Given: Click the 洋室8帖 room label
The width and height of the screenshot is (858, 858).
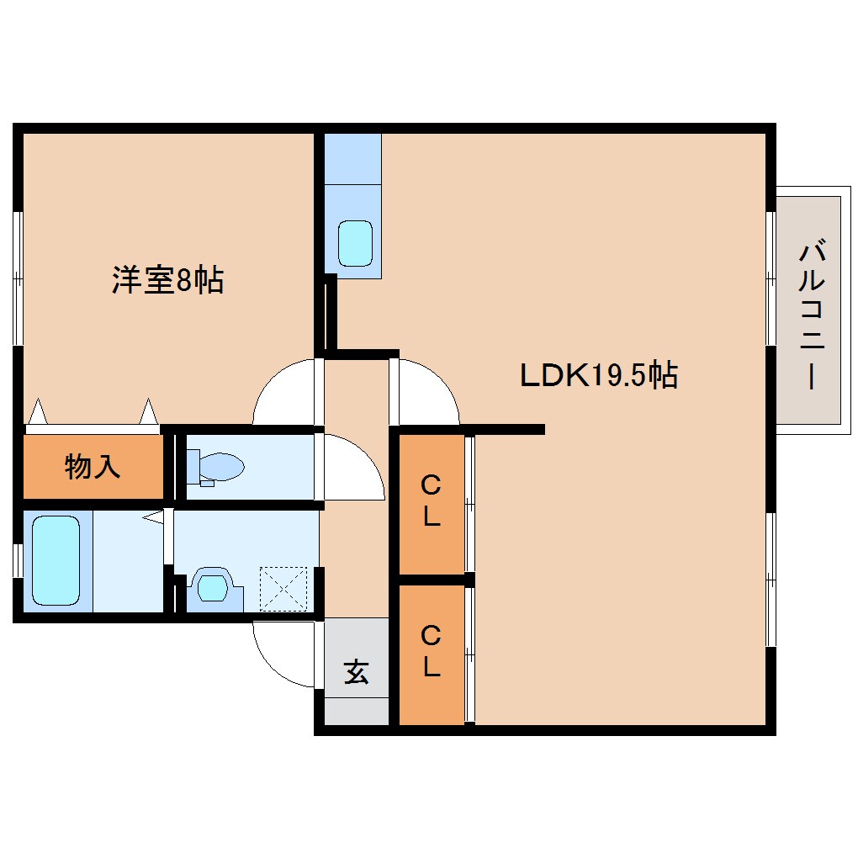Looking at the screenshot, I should pyautogui.click(x=168, y=279).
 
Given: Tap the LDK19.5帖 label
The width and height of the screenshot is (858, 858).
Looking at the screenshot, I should pyautogui.click(x=598, y=375).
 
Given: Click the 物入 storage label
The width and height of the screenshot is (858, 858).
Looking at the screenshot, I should pyautogui.click(x=93, y=466).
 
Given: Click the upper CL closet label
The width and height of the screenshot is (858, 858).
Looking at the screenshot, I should pyautogui.click(x=431, y=500).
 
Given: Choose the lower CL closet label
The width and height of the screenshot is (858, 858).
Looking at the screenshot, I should pyautogui.click(x=431, y=651).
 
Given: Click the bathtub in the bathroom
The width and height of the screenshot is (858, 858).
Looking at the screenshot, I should pyautogui.click(x=56, y=562).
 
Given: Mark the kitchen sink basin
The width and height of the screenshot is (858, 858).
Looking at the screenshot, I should pyautogui.click(x=355, y=243).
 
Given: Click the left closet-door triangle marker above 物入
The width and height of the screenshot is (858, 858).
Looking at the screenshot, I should pyautogui.click(x=38, y=411).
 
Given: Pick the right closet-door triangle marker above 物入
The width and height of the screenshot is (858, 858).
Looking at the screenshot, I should pyautogui.click(x=148, y=411).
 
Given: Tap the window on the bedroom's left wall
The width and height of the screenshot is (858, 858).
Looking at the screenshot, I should pyautogui.click(x=17, y=277).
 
